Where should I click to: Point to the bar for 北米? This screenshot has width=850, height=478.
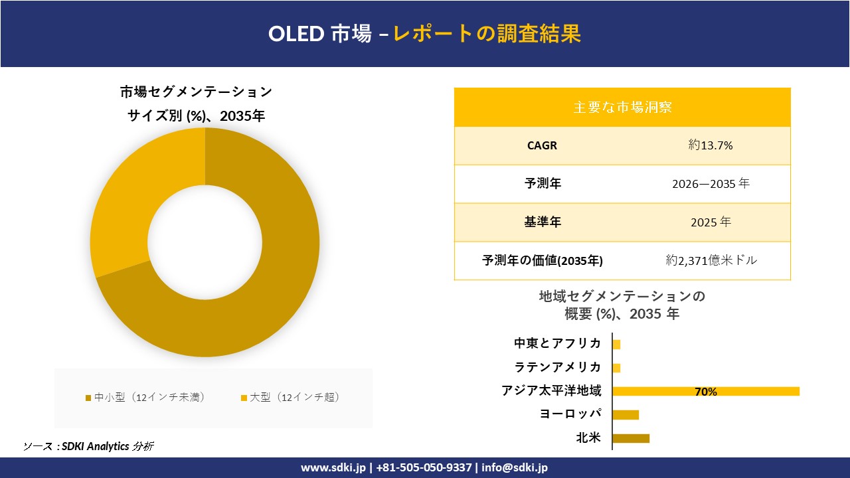630,438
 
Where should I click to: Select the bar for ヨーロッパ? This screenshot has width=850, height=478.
625,415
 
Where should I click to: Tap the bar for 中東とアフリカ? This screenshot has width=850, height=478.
616,345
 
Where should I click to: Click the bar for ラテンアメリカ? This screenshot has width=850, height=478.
616,368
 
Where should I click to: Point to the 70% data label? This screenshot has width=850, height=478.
705,392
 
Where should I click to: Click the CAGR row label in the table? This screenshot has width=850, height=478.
542,145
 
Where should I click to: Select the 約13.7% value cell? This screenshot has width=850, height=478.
711,145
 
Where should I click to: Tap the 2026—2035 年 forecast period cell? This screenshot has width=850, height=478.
711,184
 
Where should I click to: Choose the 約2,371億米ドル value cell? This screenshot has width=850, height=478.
711,260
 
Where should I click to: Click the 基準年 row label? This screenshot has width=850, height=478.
542,222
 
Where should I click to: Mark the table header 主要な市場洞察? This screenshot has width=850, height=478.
622,107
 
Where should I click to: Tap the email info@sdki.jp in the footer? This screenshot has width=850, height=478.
515,467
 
